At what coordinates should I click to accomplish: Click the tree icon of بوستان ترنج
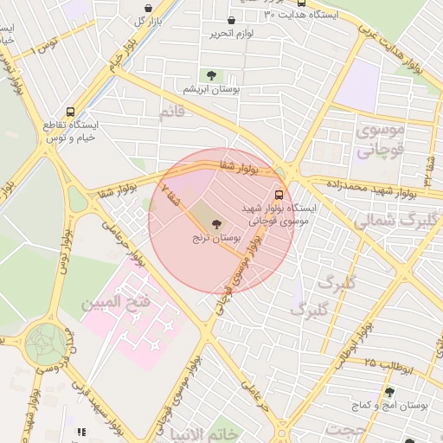click(x=216, y=224)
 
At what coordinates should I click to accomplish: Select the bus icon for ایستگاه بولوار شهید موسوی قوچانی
click(x=279, y=196)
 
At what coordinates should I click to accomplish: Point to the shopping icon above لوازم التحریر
click(x=230, y=21)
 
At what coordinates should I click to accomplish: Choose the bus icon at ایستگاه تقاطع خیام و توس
click(x=70, y=112)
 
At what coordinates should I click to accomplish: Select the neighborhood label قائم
click(x=171, y=112)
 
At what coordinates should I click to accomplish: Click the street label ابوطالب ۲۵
click(x=390, y=364)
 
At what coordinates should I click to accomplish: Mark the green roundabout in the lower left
click(x=44, y=343)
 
